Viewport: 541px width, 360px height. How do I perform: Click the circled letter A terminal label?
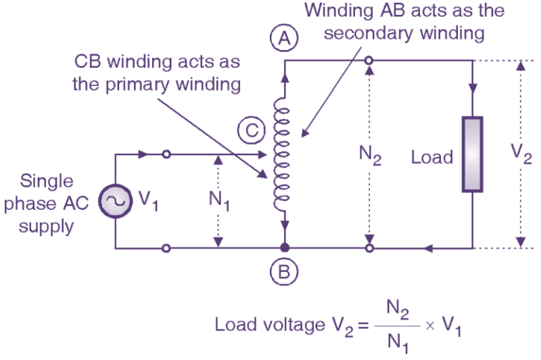[285, 39]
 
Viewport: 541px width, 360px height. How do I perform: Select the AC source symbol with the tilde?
[115, 201]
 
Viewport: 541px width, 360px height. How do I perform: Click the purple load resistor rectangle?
[473, 155]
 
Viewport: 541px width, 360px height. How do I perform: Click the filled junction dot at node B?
[285, 248]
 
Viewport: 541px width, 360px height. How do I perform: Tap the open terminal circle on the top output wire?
[368, 62]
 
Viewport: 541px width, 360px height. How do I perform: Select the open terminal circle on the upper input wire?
[166, 155]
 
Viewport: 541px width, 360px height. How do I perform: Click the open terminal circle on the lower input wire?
[166, 248]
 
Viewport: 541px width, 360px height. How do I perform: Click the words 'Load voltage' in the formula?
[260, 325]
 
